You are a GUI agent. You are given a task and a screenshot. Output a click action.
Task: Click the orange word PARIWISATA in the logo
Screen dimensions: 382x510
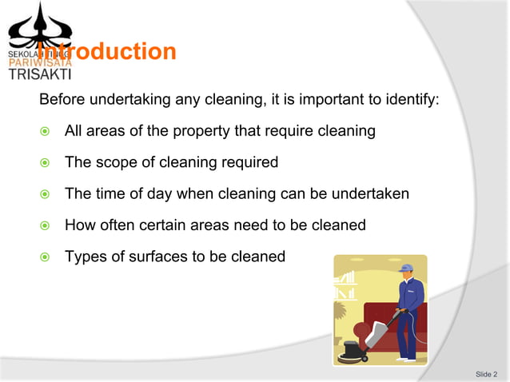coord(38,64)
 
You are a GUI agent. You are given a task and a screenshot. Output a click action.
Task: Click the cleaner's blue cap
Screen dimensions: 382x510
coord(404,269)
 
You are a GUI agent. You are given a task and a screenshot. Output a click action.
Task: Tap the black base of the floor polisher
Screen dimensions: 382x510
coord(353,351)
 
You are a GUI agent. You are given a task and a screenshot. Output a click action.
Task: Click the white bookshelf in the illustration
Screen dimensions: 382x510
coord(346,280)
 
